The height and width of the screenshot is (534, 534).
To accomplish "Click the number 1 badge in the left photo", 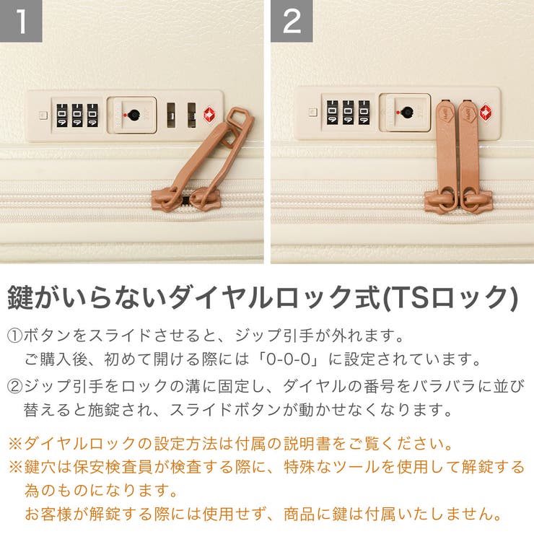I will pos(21,21).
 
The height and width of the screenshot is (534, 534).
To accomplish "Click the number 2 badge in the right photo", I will pos(292,21).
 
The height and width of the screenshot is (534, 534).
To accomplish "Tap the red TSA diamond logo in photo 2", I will pos(485,112).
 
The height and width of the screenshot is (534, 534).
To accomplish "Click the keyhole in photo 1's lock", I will pos(131,114).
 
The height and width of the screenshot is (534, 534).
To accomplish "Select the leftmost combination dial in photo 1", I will pos(62,115).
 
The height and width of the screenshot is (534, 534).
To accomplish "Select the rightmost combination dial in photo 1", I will pos(92,115).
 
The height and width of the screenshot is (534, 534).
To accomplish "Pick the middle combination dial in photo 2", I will pos(349,113).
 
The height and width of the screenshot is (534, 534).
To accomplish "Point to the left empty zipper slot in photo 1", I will pos(171,114).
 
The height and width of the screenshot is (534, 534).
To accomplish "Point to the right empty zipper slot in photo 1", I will pos(191,114).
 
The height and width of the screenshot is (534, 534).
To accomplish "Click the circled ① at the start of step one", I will pos(15,336).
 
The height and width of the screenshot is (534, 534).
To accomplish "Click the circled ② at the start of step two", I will pos(15,384).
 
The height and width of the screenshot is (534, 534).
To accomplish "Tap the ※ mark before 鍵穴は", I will pos(15,467).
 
